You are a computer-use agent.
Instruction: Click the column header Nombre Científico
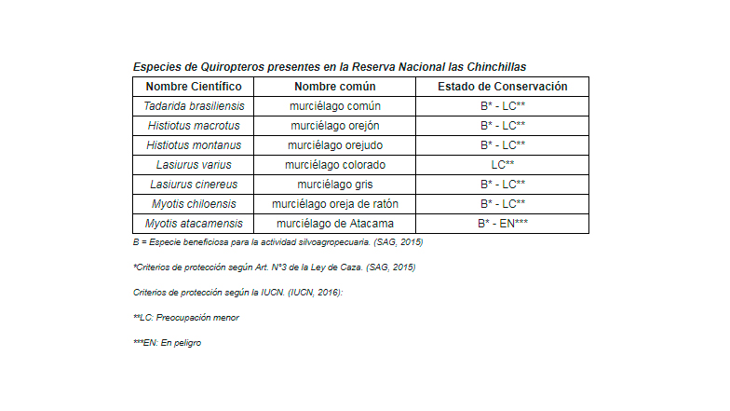194,87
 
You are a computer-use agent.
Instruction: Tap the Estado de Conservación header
503,87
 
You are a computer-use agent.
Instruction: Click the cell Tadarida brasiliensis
194,106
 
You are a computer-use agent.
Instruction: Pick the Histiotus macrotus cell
194,126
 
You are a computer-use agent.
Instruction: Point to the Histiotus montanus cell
194,145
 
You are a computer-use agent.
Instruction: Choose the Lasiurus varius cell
194,165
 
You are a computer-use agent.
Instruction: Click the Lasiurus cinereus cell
194,185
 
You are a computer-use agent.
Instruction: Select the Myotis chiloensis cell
194,204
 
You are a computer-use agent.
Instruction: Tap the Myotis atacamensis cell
194,224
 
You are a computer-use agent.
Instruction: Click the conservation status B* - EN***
503,224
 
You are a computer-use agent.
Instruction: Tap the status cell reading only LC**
503,165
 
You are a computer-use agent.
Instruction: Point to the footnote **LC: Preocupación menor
186,318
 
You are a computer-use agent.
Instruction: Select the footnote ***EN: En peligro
168,343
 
